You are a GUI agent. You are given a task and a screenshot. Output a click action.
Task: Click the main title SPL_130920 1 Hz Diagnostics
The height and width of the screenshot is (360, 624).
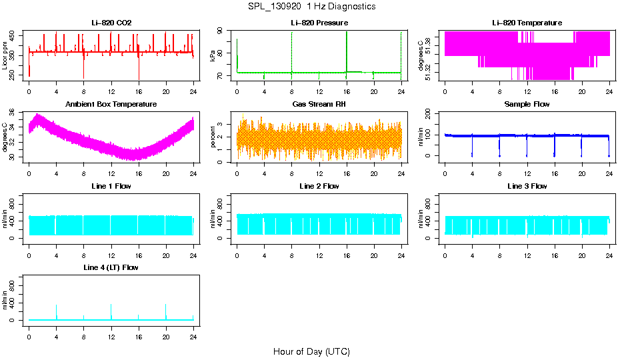tap(311, 6)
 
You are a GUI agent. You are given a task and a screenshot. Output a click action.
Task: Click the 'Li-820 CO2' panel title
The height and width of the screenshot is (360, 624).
tap(111, 23)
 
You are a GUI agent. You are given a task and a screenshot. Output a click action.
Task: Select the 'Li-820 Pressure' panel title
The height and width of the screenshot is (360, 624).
tap(319, 23)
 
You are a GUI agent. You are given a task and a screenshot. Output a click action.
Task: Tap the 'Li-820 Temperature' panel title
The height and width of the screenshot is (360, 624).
tap(527, 23)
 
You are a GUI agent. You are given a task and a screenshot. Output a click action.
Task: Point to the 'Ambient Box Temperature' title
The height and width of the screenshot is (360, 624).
tap(111, 105)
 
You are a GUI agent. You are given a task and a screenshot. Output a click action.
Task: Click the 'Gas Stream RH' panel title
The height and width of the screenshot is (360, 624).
tap(319, 105)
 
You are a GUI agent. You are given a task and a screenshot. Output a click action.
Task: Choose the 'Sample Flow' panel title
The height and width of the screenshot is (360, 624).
tap(527, 105)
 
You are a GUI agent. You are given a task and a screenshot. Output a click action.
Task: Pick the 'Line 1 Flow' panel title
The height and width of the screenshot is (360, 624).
tap(111, 186)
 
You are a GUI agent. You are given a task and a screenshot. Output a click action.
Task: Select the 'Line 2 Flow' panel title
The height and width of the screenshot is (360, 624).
tap(319, 186)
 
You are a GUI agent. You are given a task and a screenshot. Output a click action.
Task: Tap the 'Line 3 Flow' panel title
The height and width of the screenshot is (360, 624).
tap(527, 186)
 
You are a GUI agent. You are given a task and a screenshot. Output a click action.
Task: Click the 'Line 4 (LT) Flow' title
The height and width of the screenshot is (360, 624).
tap(111, 267)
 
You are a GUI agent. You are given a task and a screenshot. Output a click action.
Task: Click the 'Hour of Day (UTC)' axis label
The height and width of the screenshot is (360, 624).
tap(311, 351)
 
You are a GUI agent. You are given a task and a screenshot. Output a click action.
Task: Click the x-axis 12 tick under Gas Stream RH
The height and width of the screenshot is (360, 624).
tap(319, 174)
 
